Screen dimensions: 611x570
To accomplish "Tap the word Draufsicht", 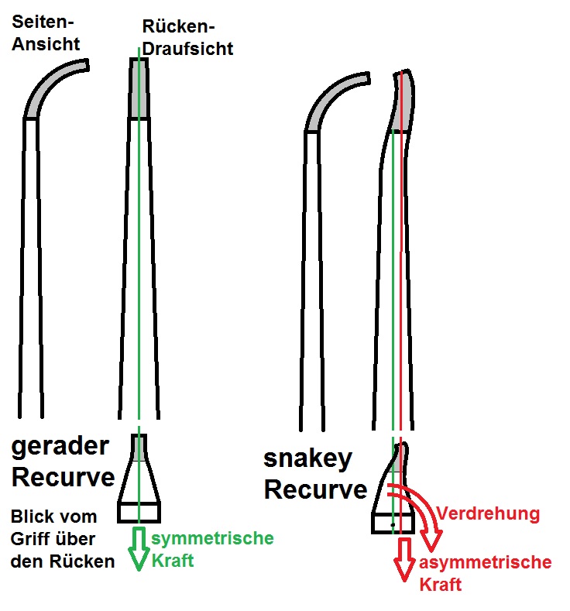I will point(187,48).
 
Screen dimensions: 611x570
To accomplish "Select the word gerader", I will point(60,448).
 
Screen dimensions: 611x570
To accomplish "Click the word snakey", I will point(307,458).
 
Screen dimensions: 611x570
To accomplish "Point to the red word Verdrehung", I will point(487,513).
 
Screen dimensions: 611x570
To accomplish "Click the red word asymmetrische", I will point(486,563).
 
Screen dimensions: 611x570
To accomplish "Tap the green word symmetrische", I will point(212,538).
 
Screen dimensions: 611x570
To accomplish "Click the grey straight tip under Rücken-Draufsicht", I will point(139,89).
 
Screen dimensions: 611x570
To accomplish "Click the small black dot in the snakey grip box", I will point(393,524).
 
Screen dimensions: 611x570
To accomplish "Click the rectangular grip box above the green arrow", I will point(139,512).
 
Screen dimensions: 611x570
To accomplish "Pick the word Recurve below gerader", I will point(64,477).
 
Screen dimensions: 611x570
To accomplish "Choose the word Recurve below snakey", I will point(316,489).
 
